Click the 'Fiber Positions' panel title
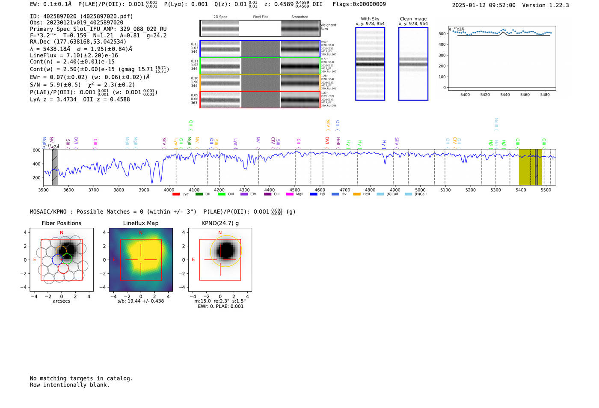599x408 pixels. (x=61, y=223)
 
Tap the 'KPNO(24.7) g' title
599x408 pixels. (x=220, y=223)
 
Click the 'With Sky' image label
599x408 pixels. (x=370, y=19)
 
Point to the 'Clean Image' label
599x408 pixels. (x=413, y=19)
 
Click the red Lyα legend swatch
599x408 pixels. (x=176, y=194)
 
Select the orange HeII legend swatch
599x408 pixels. (x=357, y=194)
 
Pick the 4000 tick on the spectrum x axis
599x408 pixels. (x=169, y=190)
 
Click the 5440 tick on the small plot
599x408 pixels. (x=505, y=95)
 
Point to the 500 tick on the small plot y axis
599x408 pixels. (x=442, y=34)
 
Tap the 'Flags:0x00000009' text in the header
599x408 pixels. (x=359, y=4)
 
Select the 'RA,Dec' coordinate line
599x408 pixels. (x=78, y=42)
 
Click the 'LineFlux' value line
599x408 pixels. (x=74, y=55)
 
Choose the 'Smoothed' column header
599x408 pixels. (x=299, y=17)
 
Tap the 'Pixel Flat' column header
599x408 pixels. (x=260, y=17)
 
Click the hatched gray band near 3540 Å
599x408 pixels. (x=55, y=167)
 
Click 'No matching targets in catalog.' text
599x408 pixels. (x=81, y=378)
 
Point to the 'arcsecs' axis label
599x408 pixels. (x=61, y=301)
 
